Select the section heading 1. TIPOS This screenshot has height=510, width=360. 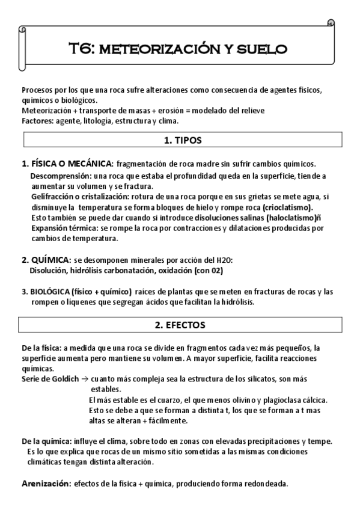182,140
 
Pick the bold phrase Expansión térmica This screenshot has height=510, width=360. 65,229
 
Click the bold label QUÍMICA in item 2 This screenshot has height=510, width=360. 50,260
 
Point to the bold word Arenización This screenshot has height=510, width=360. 46,483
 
